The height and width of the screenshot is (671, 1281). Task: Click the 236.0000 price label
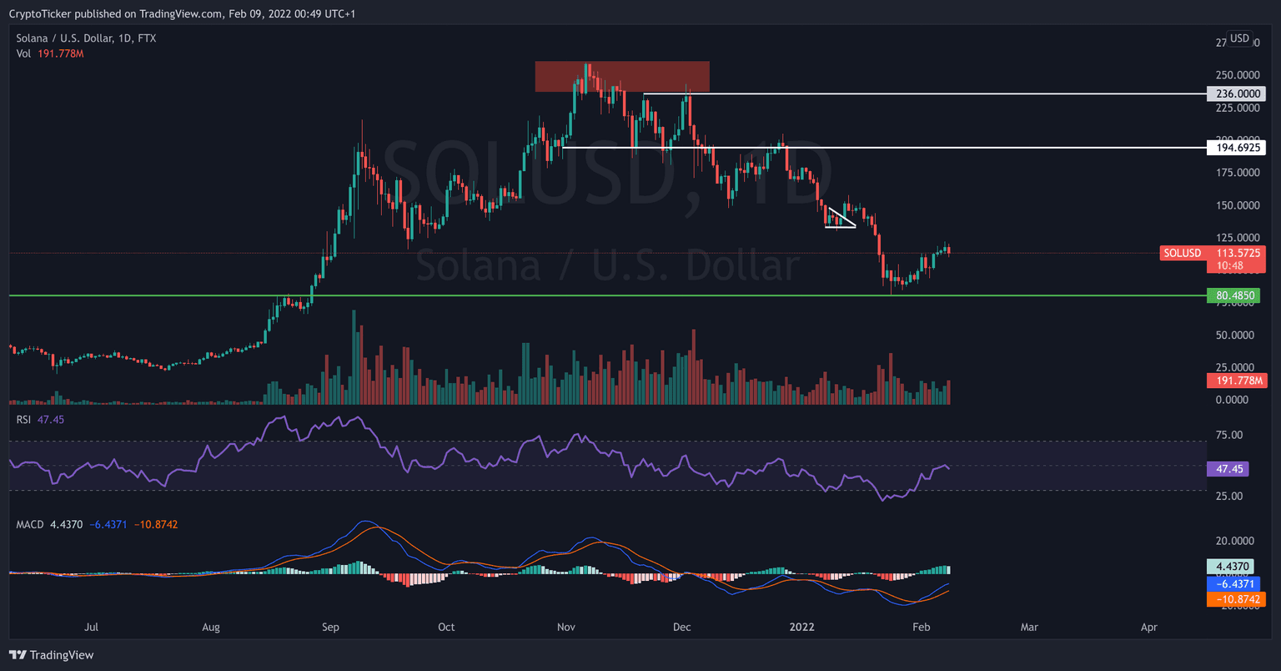[1235, 93]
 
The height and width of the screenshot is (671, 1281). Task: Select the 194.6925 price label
[1235, 148]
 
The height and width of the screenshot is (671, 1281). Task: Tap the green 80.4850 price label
[1233, 295]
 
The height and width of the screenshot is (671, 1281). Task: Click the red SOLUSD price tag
[1183, 253]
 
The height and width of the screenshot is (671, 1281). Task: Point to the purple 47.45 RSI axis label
[1229, 469]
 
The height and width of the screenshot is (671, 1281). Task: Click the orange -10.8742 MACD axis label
[1236, 600]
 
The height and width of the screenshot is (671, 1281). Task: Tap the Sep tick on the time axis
[330, 627]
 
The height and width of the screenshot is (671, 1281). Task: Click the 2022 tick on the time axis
[801, 627]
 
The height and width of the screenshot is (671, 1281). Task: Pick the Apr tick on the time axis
[1149, 627]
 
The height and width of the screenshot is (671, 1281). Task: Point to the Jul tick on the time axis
[92, 627]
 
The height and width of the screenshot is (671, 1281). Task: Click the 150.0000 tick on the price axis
[1237, 205]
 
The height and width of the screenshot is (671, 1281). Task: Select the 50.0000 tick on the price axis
[1237, 335]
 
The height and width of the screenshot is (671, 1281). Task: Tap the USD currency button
[1240, 38]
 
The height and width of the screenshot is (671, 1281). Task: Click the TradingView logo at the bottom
[52, 655]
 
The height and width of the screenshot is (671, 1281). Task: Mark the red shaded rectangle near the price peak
[622, 77]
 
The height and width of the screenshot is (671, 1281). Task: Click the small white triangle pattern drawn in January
[840, 219]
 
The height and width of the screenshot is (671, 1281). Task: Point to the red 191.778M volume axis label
[1236, 381]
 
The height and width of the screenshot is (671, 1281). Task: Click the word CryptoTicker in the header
[39, 14]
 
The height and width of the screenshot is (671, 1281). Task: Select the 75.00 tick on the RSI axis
[1229, 435]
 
